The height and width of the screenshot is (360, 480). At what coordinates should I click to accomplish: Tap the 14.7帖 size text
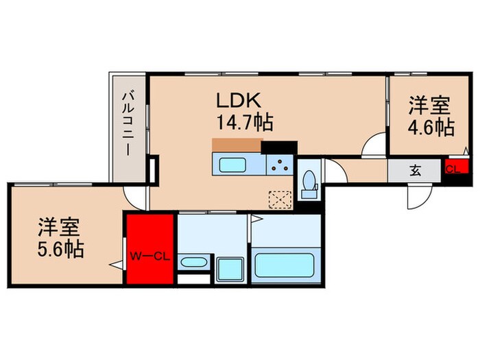tap(245, 123)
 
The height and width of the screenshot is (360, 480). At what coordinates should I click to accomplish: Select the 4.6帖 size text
tap(430, 128)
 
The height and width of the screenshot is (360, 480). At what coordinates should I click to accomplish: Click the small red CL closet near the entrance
tap(453, 169)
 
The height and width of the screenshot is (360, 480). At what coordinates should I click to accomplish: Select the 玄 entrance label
tap(416, 169)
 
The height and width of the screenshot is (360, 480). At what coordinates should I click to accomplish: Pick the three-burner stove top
tap(279, 165)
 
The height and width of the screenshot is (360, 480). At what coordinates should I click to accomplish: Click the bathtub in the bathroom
tap(284, 265)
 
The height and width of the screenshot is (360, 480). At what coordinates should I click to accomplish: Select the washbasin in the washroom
tap(195, 263)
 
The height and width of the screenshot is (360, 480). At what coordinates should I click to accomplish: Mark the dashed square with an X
tap(280, 200)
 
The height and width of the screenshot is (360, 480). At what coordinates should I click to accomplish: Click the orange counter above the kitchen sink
tap(237, 145)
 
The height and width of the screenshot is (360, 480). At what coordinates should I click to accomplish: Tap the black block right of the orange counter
tap(278, 147)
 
